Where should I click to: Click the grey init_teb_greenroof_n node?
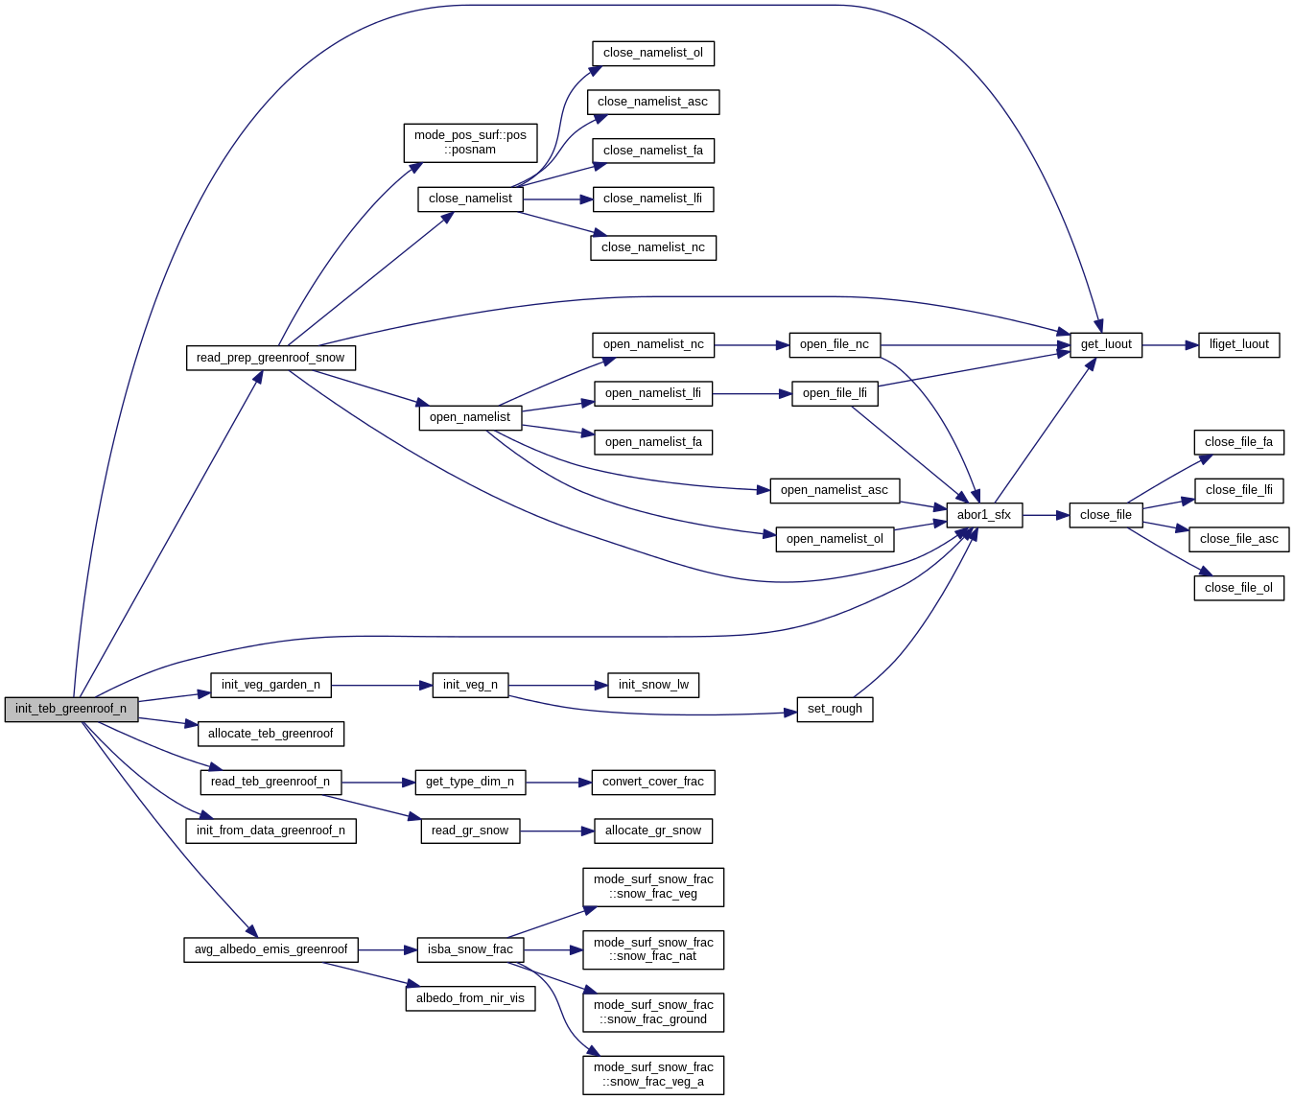[71, 710]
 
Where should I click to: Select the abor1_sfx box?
[984, 515]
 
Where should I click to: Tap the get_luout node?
[1106, 344]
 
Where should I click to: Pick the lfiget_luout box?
[1238, 344]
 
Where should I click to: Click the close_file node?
[1105, 515]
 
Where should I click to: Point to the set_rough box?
[835, 709]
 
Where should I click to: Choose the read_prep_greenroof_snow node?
[271, 358]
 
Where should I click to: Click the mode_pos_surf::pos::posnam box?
[470, 142]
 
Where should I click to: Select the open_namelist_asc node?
[835, 490]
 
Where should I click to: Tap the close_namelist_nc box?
[653, 247]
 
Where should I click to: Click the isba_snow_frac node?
[470, 949]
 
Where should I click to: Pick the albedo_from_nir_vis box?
[470, 998]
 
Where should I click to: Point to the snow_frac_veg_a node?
[653, 1074]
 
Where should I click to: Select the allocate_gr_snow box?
[653, 831]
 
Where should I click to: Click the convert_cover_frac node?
[653, 782]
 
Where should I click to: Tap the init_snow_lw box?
[653, 685]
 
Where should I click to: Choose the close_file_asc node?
[1239, 539]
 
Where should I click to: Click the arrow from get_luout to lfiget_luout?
[1170, 344]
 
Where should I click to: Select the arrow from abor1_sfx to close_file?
[1046, 515]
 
